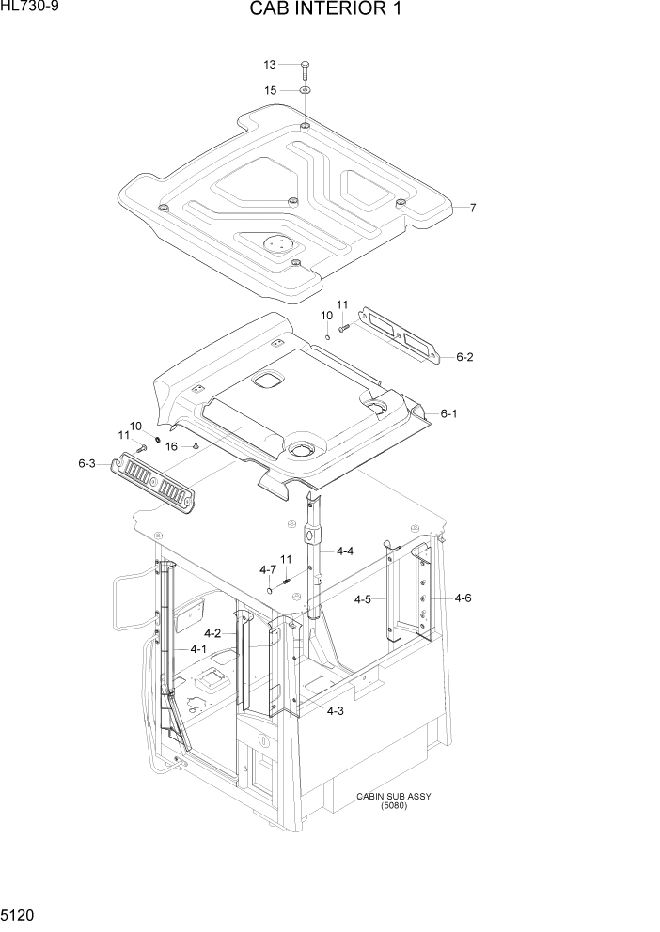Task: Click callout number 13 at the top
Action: click(270, 65)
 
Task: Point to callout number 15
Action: click(270, 90)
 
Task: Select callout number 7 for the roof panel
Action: click(473, 208)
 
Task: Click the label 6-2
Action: click(464, 357)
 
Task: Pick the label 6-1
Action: click(448, 412)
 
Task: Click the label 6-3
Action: click(86, 463)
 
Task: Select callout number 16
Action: click(171, 446)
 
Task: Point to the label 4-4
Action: click(344, 551)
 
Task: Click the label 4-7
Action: click(267, 569)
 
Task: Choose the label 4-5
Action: click(363, 598)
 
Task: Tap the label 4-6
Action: click(463, 598)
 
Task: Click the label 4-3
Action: click(335, 711)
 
